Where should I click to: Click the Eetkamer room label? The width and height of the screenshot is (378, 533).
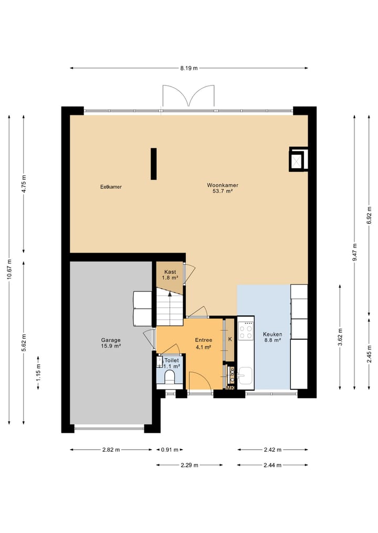111,187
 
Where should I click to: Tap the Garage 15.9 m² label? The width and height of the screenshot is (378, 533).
111,343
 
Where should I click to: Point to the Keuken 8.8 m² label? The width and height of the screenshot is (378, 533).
272,337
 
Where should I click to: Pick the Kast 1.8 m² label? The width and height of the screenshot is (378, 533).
170,275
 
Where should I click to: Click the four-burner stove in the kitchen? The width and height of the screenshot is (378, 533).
246,330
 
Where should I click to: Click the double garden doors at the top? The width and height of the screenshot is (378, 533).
188,97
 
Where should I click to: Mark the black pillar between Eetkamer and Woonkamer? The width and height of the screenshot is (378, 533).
153,164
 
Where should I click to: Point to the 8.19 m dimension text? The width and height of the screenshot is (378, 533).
189,68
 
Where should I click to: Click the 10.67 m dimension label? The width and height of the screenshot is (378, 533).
9,270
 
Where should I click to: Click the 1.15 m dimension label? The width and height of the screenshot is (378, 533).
38,373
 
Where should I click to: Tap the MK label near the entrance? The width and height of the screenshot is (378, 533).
230,388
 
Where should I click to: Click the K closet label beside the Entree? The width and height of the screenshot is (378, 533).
230,339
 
